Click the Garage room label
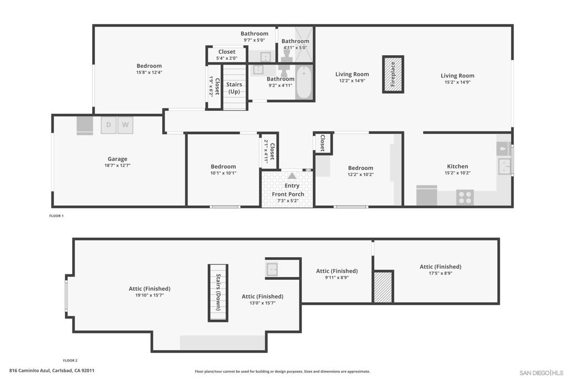pos(117,159)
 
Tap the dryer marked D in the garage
pos(109,125)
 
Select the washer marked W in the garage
pos(125,125)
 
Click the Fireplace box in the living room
pos(393,74)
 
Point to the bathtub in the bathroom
pos(303,82)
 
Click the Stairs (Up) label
pos(234,88)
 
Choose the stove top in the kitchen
pos(465,197)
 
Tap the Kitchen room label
pos(457,166)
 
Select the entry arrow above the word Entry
pos(291,176)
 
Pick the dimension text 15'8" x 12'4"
pos(149,72)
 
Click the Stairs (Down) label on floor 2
pos(218,293)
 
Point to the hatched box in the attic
pos(382,287)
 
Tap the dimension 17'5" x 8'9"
pos(440,273)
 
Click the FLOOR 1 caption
pos(56,216)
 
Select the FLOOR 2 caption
pos(70,360)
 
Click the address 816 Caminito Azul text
pos(52,371)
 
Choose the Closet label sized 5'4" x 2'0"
pos(226,52)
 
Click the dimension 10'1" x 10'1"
pos(223,173)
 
